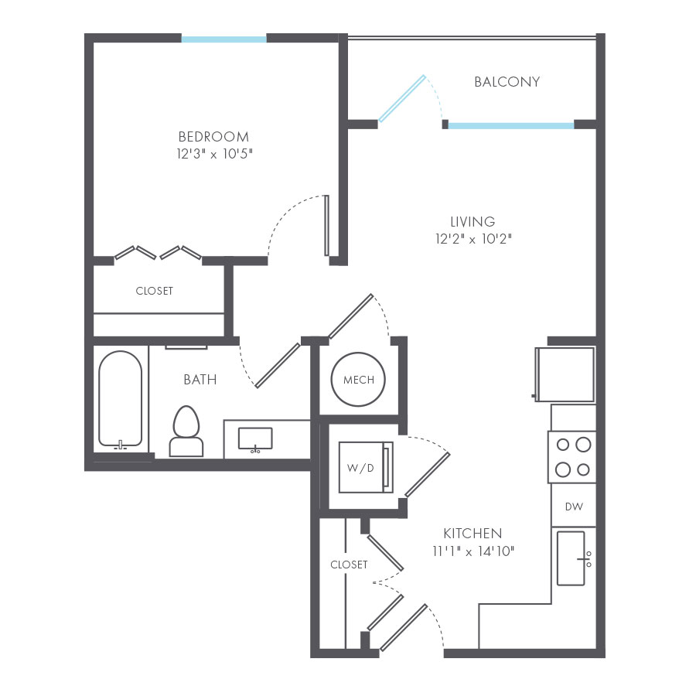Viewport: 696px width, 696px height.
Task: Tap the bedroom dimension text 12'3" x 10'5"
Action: pyautogui.click(x=214, y=154)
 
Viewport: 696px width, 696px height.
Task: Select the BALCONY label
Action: pyautogui.click(x=507, y=82)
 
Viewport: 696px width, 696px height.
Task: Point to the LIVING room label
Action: pyautogui.click(x=473, y=222)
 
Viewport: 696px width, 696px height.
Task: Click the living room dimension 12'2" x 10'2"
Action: pyautogui.click(x=473, y=239)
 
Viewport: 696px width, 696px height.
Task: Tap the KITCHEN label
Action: pyautogui.click(x=472, y=534)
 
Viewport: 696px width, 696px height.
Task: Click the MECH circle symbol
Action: pyautogui.click(x=358, y=380)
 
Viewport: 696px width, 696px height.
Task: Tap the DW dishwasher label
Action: pyautogui.click(x=573, y=507)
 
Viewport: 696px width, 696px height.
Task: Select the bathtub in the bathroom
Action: pyautogui.click(x=120, y=398)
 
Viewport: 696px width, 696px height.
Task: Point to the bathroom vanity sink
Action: pyautogui.click(x=254, y=438)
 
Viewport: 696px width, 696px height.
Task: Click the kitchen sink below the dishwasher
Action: pyautogui.click(x=572, y=558)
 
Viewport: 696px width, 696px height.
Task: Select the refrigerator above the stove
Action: pyautogui.click(x=565, y=374)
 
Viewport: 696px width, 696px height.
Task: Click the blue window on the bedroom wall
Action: pyautogui.click(x=223, y=39)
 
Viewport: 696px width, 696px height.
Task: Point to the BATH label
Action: pyautogui.click(x=200, y=380)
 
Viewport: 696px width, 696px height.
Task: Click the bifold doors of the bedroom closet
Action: pyautogui.click(x=159, y=252)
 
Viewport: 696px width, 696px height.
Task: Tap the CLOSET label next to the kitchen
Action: pyautogui.click(x=349, y=565)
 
